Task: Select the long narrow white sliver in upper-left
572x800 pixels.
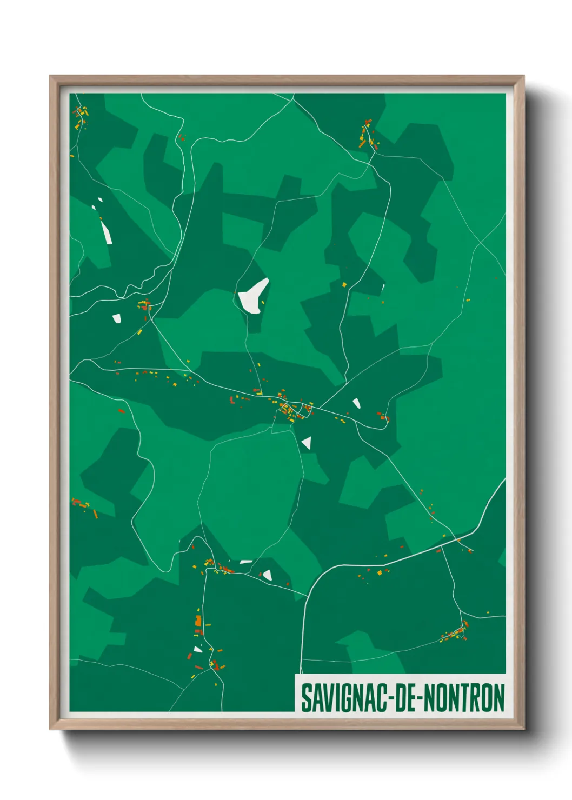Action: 106,232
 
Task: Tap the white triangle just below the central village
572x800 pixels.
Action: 307,443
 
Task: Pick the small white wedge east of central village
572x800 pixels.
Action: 356,403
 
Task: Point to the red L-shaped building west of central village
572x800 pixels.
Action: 232,401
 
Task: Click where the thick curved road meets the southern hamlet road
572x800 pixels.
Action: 308,597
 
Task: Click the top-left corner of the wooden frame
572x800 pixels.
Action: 50,76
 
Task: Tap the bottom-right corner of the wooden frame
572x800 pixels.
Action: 523,729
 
